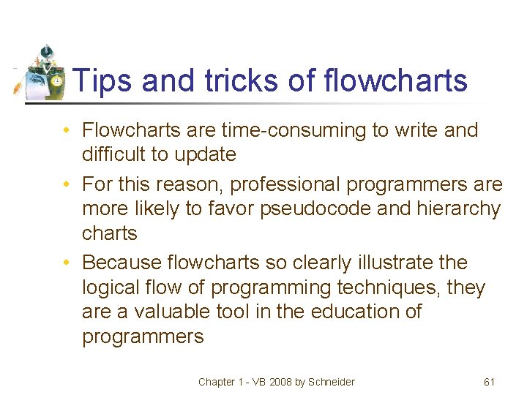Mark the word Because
click(121, 262)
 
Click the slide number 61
click(490, 382)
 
